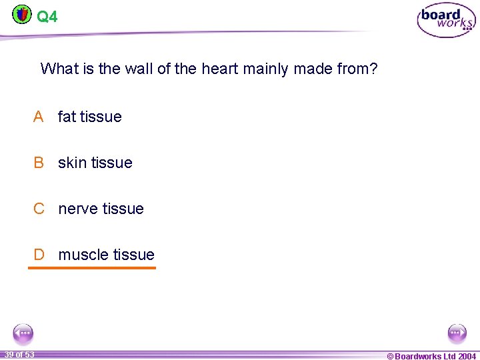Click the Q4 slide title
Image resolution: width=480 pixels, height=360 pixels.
tap(47, 16)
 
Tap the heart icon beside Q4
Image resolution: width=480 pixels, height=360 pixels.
tap(22, 13)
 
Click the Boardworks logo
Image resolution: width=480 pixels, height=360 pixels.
tap(446, 21)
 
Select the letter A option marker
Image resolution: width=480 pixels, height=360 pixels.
tap(39, 117)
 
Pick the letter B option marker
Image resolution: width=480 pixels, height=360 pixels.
tap(39, 163)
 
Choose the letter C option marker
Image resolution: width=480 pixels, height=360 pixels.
tap(39, 209)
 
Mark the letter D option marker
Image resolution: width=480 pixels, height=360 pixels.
tap(39, 255)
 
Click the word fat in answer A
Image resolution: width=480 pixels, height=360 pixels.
tap(67, 117)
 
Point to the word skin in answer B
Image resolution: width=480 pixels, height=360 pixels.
tap(72, 163)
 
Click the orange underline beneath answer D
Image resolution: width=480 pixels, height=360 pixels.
tap(91, 268)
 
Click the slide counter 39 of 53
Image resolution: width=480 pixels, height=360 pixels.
tap(19, 354)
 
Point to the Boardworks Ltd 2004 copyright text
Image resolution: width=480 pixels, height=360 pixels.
tap(431, 356)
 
